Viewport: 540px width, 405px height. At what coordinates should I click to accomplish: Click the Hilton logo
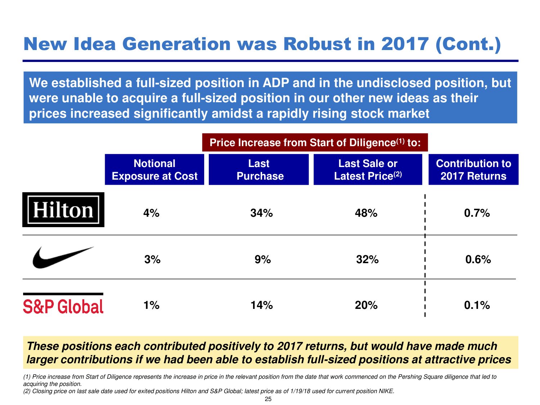click(63, 210)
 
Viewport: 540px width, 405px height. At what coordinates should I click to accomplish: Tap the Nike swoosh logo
click(63, 257)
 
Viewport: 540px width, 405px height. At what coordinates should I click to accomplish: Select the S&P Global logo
click(63, 304)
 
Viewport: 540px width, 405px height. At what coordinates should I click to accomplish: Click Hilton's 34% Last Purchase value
click(261, 213)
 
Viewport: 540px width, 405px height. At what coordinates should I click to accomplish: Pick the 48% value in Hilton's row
click(366, 213)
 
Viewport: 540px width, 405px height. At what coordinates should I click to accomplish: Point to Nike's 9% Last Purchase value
click(262, 260)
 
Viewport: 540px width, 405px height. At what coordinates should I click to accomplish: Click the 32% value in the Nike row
click(367, 260)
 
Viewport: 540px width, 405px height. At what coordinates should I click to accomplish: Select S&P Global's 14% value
click(261, 305)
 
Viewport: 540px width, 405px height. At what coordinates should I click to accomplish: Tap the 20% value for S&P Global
click(366, 305)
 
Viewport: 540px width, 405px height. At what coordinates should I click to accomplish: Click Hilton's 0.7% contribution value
click(477, 213)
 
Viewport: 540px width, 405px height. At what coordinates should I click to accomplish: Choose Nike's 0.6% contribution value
click(478, 260)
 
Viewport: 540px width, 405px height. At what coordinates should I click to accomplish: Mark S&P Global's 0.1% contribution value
click(477, 305)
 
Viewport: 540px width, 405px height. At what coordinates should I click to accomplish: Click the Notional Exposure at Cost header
click(154, 170)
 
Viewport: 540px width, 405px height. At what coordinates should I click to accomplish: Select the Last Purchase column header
click(259, 170)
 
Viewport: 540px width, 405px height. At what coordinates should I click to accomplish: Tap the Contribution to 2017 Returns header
click(473, 170)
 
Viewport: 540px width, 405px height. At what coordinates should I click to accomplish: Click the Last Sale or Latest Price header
click(368, 170)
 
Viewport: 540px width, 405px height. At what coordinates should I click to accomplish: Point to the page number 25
click(268, 399)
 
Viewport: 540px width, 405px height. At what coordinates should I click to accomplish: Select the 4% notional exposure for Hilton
click(151, 213)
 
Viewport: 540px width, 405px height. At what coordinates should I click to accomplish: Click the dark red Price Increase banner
click(315, 143)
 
